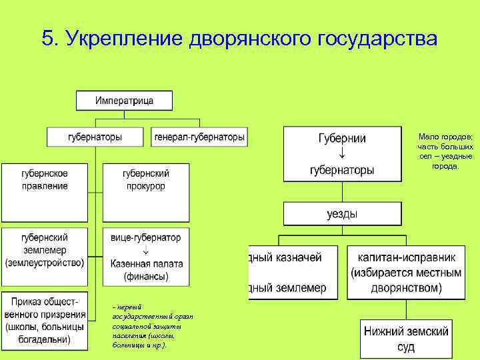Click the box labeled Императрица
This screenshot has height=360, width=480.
124,101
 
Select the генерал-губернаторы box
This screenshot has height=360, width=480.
199,137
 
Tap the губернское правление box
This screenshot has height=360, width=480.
45,179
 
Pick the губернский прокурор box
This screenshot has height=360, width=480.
145,179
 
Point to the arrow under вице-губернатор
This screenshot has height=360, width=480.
145,250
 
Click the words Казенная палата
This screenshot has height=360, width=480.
146,263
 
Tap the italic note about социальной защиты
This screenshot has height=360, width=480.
141,327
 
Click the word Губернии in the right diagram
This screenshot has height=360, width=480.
342,139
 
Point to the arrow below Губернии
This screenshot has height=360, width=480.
342,155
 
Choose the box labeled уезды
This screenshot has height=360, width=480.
342,214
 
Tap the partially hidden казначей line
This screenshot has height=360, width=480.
287,256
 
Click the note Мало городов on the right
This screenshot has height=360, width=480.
445,151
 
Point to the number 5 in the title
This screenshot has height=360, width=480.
46,38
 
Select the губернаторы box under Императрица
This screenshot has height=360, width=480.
95,137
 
